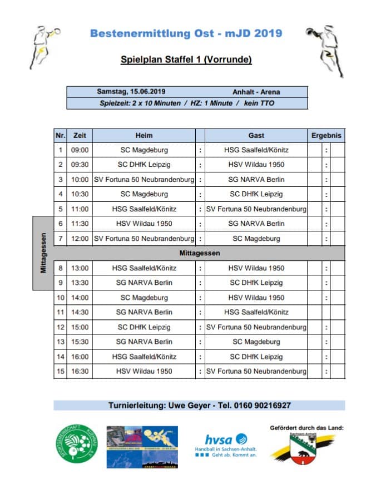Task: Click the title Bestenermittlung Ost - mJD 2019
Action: click(x=186, y=33)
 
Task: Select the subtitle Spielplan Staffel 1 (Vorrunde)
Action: click(x=186, y=59)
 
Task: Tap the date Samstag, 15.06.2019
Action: click(x=131, y=92)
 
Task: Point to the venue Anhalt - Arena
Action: click(x=256, y=92)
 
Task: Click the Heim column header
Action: click(x=144, y=135)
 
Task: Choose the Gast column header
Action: click(x=256, y=135)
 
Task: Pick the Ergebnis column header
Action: click(x=327, y=135)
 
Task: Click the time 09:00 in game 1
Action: click(x=80, y=150)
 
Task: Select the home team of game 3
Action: click(x=144, y=179)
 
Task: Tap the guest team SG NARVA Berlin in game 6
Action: click(x=256, y=224)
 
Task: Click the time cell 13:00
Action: click(x=80, y=268)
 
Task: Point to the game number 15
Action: click(x=61, y=371)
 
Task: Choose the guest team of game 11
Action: click(x=256, y=312)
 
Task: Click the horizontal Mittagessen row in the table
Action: click(x=200, y=253)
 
